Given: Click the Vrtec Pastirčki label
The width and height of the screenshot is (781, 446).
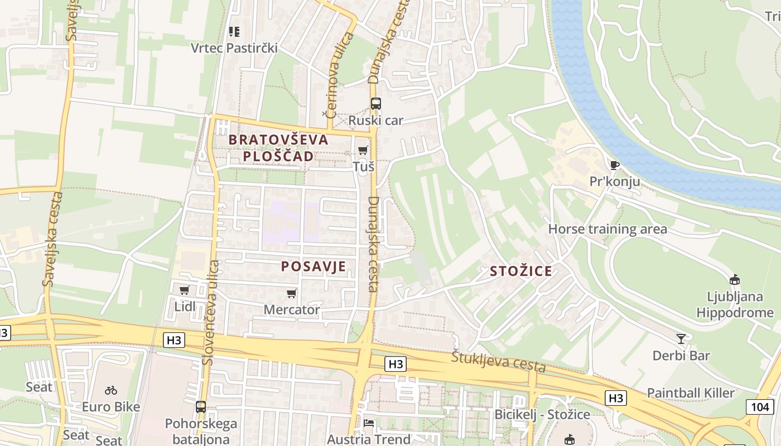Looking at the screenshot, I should [x=234, y=48].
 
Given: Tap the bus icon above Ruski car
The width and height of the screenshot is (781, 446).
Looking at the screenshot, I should [x=376, y=103].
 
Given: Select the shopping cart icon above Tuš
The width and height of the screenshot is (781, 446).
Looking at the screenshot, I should [x=363, y=150].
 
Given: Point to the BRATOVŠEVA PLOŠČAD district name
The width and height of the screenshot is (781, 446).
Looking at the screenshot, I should [x=271, y=148].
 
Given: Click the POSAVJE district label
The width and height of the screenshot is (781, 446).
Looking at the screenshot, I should [x=314, y=266].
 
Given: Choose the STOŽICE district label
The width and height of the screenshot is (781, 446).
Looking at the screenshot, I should [x=521, y=272].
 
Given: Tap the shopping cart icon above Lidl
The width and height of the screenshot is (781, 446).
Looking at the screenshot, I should [x=184, y=290].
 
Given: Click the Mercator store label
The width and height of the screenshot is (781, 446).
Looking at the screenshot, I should [x=292, y=309].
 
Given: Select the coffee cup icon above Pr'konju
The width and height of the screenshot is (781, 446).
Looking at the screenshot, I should [x=614, y=165].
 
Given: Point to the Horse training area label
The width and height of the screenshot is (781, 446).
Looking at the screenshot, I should [x=608, y=229].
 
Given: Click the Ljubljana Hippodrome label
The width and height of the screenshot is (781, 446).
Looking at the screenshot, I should [x=735, y=304].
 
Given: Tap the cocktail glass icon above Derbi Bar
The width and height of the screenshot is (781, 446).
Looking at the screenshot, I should [x=681, y=338].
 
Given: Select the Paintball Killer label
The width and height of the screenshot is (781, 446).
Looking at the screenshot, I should [x=691, y=393].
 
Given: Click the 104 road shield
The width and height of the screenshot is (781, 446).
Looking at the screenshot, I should [x=760, y=406].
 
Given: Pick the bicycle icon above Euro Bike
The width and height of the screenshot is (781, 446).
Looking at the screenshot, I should [x=111, y=390].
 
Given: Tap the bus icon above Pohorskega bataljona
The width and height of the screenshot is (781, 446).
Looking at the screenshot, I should [x=201, y=407].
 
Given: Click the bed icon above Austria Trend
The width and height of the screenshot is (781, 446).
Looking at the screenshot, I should [x=369, y=423].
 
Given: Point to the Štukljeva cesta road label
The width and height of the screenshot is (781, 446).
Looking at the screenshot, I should [x=498, y=362].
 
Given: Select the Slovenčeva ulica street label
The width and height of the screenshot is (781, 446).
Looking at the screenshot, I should [x=211, y=312].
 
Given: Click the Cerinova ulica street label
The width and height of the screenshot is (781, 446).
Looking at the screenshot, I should [x=339, y=75].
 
